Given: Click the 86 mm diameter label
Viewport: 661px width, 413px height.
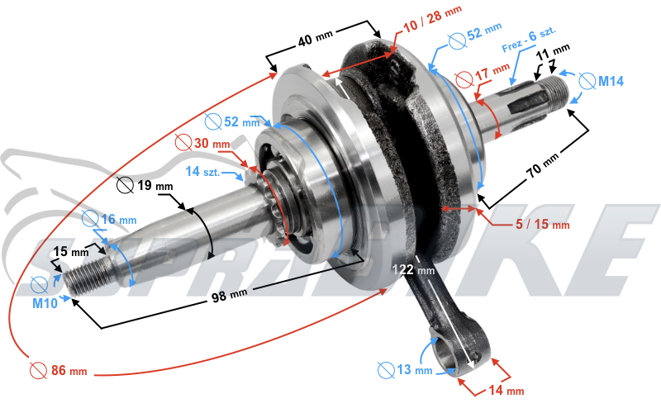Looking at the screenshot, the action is pyautogui.click(x=59, y=370).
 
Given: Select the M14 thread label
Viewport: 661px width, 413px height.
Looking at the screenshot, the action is pyautogui.click(x=602, y=80).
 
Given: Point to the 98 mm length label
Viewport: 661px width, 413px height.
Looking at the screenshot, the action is pyautogui.click(x=230, y=294).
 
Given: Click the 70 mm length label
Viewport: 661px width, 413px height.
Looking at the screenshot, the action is pyautogui.click(x=543, y=164).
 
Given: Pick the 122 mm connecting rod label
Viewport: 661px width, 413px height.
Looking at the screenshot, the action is pyautogui.click(x=413, y=269).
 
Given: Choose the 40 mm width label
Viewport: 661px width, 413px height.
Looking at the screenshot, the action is pyautogui.click(x=316, y=37).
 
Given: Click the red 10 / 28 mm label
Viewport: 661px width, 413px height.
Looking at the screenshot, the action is pyautogui.click(x=432, y=19).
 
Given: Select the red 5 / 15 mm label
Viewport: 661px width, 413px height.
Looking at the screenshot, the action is pyautogui.click(x=543, y=224).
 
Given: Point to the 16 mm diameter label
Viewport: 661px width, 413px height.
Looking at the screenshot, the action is pyautogui.click(x=109, y=219).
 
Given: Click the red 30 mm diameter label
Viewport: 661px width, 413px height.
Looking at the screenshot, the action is pyautogui.click(x=202, y=143).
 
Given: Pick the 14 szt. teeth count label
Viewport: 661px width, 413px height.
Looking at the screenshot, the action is pyautogui.click(x=202, y=172).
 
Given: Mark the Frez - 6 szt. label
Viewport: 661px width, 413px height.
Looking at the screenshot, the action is pyautogui.click(x=529, y=39).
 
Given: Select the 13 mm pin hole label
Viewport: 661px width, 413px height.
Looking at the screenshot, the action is pyautogui.click(x=405, y=370).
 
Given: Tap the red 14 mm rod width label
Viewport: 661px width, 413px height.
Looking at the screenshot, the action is pyautogui.click(x=506, y=391).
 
